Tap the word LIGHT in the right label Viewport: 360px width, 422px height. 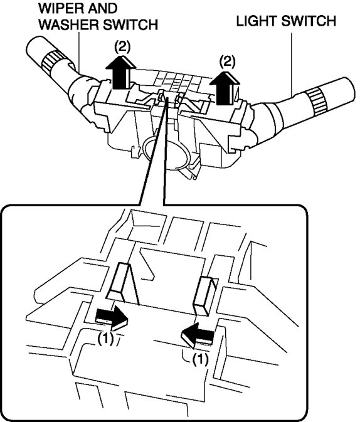257,21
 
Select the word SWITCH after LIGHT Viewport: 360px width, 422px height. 309,21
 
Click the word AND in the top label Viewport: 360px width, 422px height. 103,9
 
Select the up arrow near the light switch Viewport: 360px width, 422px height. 225,87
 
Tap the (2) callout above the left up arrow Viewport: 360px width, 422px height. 122,48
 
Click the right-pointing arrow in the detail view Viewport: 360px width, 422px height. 112,318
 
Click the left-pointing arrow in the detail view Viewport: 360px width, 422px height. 198,335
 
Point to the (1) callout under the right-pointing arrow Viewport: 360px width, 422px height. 105,339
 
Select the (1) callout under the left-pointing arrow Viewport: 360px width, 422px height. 200,359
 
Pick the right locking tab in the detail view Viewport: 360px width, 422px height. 206,295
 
